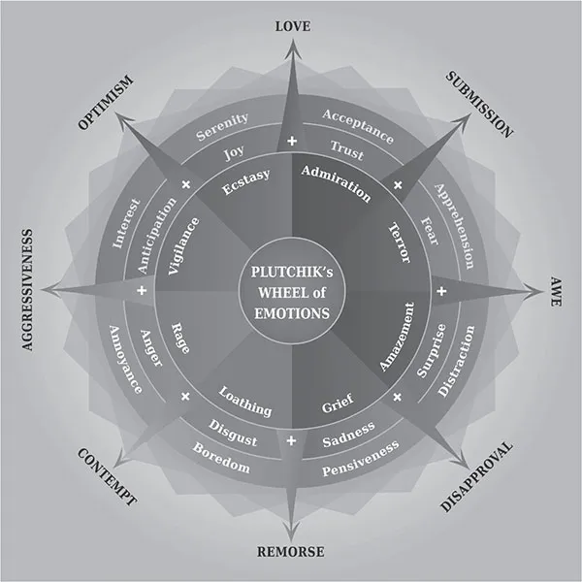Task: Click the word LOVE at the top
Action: click(292, 26)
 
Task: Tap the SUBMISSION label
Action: click(479, 104)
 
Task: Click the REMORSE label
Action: click(291, 553)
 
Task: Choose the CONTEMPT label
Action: click(105, 476)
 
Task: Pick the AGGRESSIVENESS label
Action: click(26, 289)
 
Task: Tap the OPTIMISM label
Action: click(106, 102)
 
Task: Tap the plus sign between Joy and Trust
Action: click(292, 144)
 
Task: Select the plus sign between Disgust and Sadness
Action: click(292, 440)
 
